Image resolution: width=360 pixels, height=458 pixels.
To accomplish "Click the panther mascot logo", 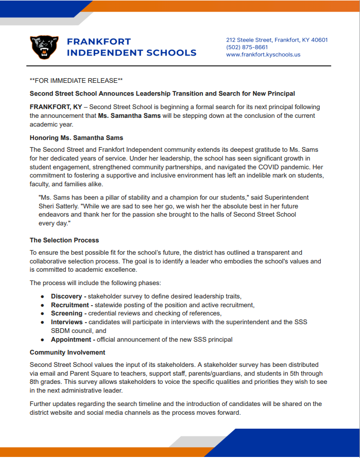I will (x=45, y=47).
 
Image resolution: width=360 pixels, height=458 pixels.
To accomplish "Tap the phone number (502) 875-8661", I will (x=247, y=47).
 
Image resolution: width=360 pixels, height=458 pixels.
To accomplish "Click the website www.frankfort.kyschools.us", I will (x=263, y=54).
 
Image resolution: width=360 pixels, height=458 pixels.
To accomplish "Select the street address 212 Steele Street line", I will (x=277, y=40).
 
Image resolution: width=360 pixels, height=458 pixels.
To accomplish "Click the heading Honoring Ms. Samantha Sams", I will (x=76, y=137).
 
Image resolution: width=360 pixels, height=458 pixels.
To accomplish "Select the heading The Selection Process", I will (x=64, y=240).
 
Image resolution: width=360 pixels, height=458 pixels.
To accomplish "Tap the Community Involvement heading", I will (x=67, y=353).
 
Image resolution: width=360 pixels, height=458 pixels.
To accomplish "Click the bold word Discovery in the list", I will (x=66, y=296).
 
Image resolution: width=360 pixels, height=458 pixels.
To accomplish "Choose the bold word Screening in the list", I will (x=66, y=313).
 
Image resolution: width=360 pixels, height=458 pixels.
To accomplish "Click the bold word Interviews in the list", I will (x=67, y=322).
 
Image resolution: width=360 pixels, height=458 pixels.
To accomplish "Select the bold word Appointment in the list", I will (x=71, y=340).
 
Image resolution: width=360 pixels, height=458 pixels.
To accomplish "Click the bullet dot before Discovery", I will (x=42, y=297).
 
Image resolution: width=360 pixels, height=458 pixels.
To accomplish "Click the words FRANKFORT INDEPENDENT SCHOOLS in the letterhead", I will (x=131, y=47).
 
